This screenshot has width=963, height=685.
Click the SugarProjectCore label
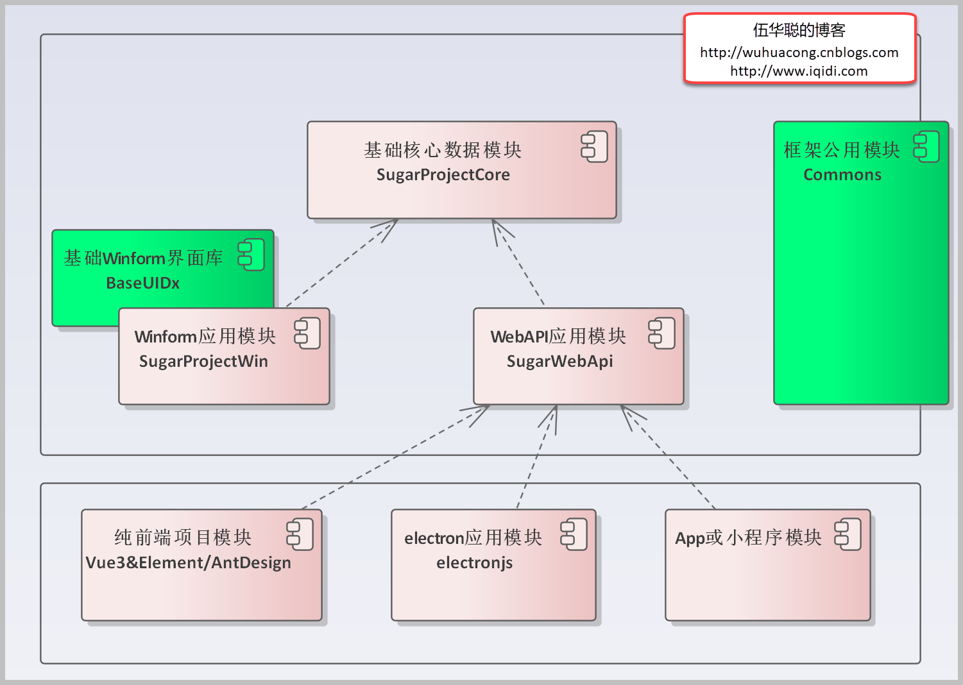[443, 174]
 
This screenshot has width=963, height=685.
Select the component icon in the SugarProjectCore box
[594, 146]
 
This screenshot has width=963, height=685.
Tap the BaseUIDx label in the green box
[142, 283]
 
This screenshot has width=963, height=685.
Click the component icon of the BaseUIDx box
[251, 255]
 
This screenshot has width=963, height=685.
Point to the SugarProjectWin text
[203, 361]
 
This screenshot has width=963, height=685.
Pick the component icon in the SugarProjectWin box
[307, 334]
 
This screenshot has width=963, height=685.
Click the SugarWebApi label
[559, 361]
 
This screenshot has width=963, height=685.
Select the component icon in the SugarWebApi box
[661, 334]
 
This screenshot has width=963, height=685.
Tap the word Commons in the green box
[842, 174]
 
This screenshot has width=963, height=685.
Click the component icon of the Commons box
[926, 146]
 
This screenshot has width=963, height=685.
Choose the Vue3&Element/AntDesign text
[188, 562]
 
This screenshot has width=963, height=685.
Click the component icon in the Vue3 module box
[300, 534]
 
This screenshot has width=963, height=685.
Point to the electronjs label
[474, 562]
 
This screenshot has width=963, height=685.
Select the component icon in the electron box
[574, 534]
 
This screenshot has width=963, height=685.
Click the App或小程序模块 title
[748, 537]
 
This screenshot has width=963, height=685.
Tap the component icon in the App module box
[848, 534]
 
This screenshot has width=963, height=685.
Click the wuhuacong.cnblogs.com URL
[799, 53]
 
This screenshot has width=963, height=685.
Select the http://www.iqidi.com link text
[799, 71]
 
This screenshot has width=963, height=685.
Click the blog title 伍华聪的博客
[799, 30]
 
